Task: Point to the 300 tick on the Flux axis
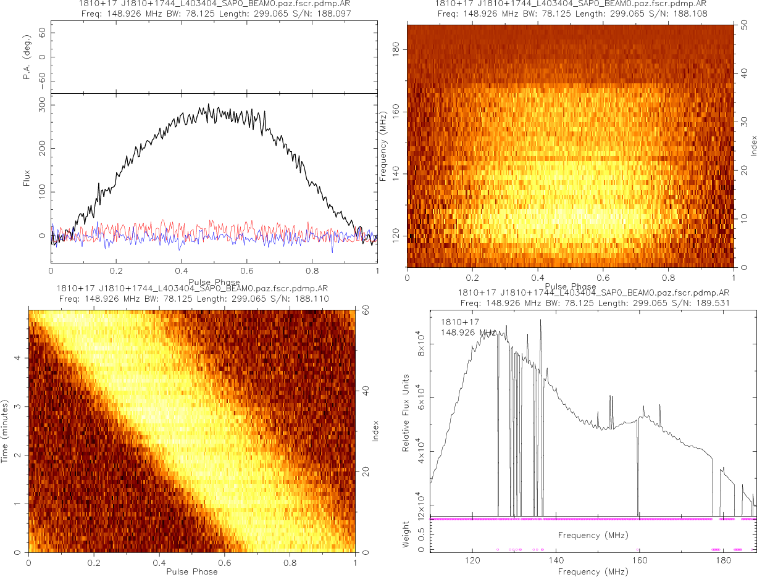click(43, 107)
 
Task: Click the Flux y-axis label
click(27, 179)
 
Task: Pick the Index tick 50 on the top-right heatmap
click(745, 26)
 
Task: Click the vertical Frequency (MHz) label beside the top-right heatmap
click(383, 146)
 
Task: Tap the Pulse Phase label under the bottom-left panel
click(192, 571)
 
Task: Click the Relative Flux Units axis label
click(406, 412)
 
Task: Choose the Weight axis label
click(406, 534)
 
